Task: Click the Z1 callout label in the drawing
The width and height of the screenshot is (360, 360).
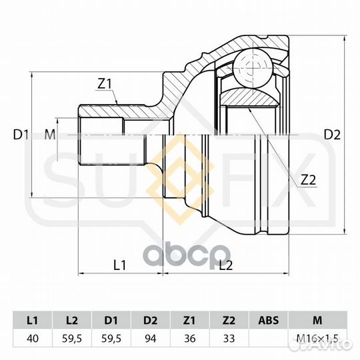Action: coord(104,83)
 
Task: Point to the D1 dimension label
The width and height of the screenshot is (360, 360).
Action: coord(21,135)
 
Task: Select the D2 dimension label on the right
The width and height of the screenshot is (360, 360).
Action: coord(332,135)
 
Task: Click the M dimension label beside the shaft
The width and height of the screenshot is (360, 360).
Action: coord(50,135)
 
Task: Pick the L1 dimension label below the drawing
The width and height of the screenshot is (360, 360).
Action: coord(120,265)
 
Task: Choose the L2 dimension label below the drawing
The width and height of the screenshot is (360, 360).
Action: coord(226,265)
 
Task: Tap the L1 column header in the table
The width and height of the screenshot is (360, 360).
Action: coord(33,320)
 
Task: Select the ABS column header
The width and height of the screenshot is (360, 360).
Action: coord(269,320)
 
